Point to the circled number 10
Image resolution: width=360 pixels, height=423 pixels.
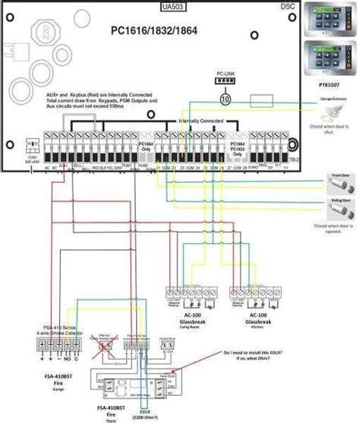pyautogui.click(x=225, y=99)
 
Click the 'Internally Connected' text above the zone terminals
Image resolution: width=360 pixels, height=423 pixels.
pyautogui.click(x=201, y=120)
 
